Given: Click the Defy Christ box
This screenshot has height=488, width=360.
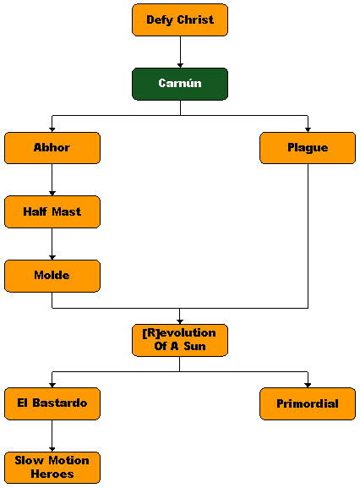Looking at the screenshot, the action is [180, 20].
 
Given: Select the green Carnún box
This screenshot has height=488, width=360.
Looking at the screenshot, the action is [180, 84].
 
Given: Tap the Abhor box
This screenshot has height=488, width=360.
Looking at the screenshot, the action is [52, 148].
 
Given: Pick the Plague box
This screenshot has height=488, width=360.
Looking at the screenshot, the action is [308, 148].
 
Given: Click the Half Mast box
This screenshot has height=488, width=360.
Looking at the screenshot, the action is [52, 212].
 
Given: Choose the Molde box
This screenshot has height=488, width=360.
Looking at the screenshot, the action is [52, 276].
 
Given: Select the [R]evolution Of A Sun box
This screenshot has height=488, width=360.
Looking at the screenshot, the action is [180, 340].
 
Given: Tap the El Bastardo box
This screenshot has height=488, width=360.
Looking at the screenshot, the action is [52, 404].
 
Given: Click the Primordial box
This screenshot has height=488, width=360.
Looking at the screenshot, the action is [308, 404].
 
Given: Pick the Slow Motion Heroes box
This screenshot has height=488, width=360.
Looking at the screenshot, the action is [52, 468].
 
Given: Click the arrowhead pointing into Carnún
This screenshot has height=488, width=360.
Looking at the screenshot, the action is [180, 66].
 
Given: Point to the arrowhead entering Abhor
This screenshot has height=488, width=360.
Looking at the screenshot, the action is [52, 129].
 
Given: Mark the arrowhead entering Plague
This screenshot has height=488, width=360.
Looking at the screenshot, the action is [308, 129].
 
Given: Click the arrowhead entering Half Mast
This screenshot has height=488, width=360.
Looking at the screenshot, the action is [52, 194].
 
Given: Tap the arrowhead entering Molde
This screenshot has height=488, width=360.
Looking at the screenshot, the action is [52, 258].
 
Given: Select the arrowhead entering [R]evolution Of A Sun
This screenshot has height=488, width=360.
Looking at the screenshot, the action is [180, 321].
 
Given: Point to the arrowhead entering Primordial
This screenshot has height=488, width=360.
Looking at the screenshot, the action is [308, 386].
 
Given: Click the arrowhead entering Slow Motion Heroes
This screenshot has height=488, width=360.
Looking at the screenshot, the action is [52, 450].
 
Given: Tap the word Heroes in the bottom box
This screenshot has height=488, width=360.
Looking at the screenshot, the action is [52, 474].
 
